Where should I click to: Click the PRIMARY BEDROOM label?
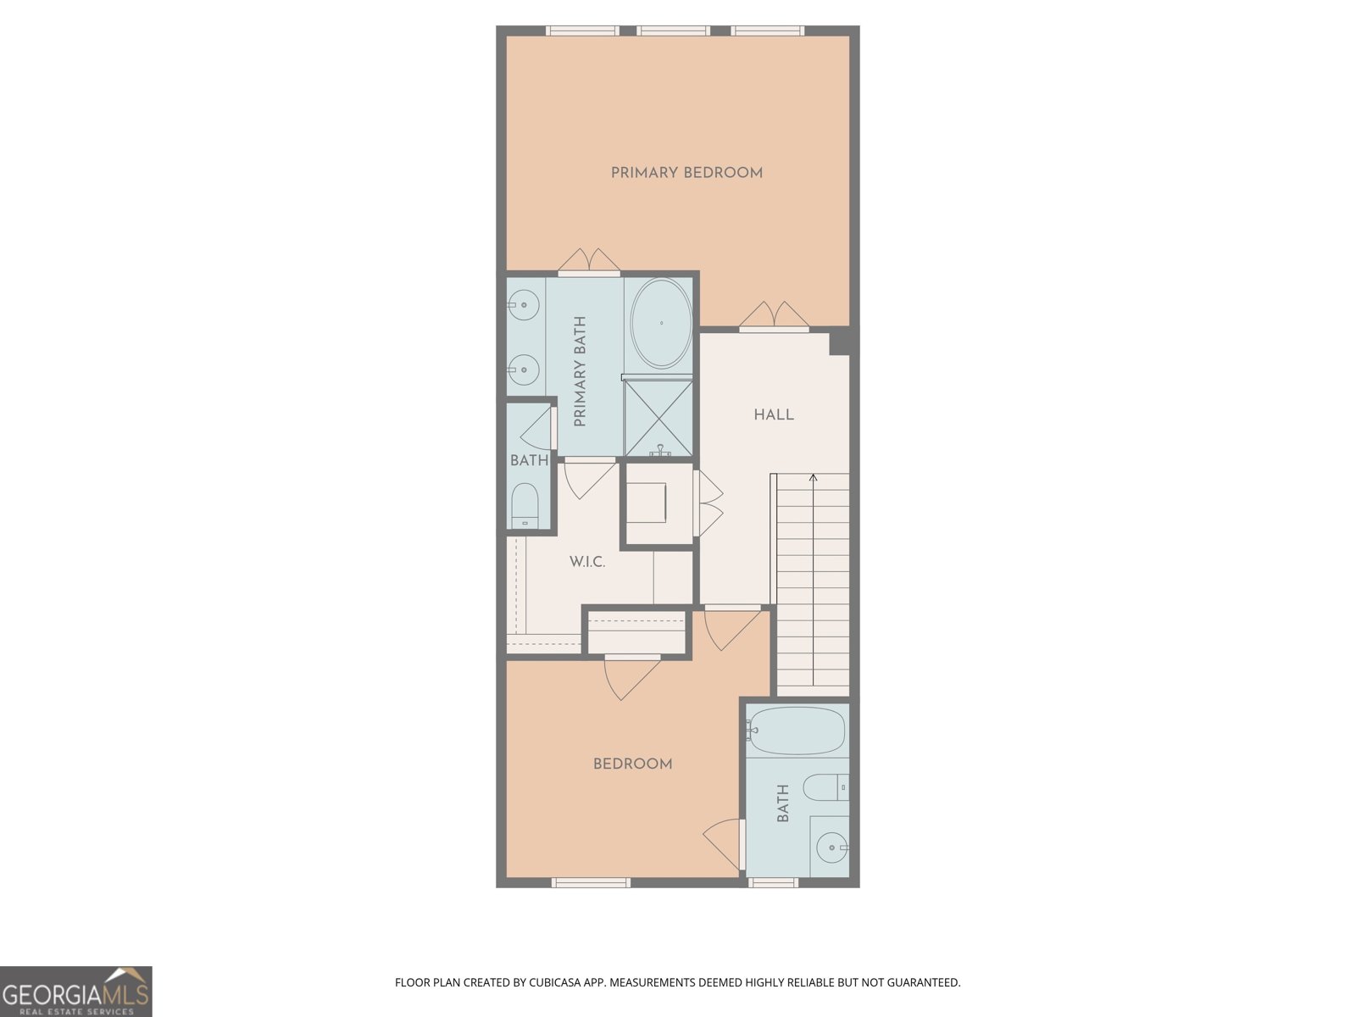[686, 173]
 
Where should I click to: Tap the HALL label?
[773, 414]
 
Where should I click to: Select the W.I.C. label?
[586, 562]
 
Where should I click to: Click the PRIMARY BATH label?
[581, 372]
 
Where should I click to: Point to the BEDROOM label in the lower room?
[632, 764]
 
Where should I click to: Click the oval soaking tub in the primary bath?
[661, 323]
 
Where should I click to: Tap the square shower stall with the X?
[659, 418]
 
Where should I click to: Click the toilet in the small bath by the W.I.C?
[525, 505]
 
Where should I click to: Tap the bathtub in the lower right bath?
[797, 731]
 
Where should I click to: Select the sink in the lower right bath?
[831, 847]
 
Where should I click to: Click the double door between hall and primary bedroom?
[774, 316]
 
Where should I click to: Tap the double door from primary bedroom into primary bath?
[589, 262]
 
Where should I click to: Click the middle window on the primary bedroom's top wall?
[673, 31]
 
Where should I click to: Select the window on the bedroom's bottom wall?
[591, 882]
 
